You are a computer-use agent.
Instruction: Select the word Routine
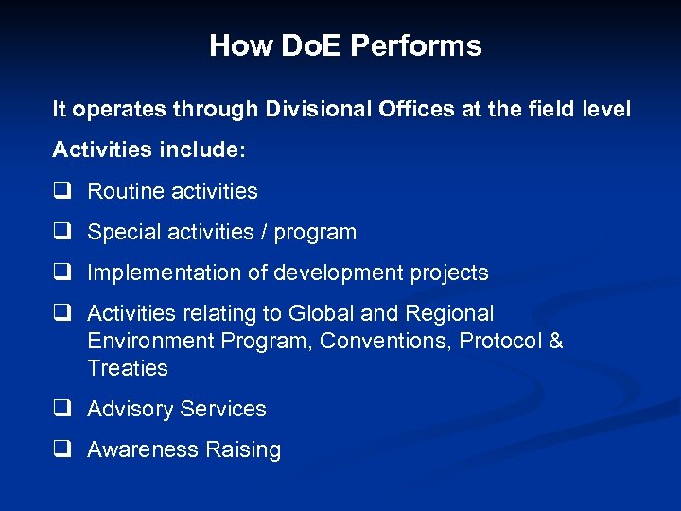click(125, 191)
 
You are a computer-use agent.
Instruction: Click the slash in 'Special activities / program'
click(264, 232)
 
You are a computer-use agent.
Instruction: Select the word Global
click(334, 313)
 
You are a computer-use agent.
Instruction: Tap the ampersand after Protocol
click(555, 341)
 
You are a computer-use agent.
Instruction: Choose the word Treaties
click(128, 368)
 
